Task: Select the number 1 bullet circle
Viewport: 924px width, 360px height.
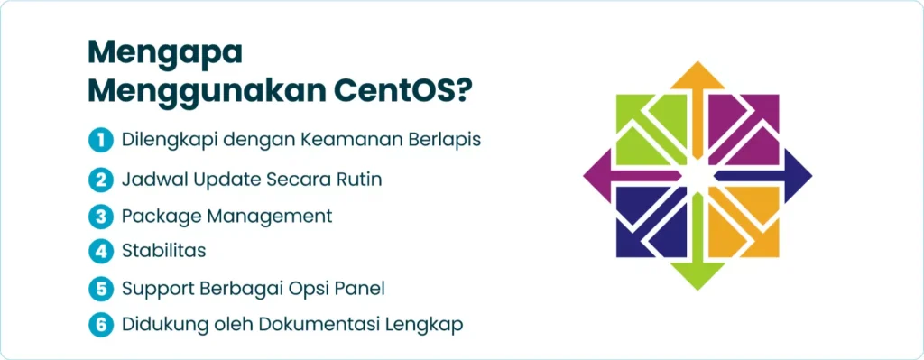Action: [x=101, y=141]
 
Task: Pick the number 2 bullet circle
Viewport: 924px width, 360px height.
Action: [x=101, y=180]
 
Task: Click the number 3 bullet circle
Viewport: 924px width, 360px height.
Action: [x=101, y=217]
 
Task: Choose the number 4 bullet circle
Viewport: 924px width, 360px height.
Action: [x=101, y=252]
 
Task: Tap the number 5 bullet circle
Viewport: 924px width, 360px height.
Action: [x=101, y=290]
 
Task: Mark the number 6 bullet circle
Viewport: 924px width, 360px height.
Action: [x=101, y=326]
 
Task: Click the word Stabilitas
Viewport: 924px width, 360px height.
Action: [x=164, y=251]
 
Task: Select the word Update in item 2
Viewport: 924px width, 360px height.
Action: [x=226, y=180]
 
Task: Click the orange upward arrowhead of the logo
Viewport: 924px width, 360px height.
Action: [x=698, y=76]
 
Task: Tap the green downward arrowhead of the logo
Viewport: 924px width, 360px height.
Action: [x=698, y=276]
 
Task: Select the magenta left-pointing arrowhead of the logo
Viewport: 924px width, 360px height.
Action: [x=597, y=176]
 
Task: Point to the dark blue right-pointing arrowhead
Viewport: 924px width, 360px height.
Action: [x=798, y=176]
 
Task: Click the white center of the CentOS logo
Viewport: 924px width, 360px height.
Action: [x=698, y=176]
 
